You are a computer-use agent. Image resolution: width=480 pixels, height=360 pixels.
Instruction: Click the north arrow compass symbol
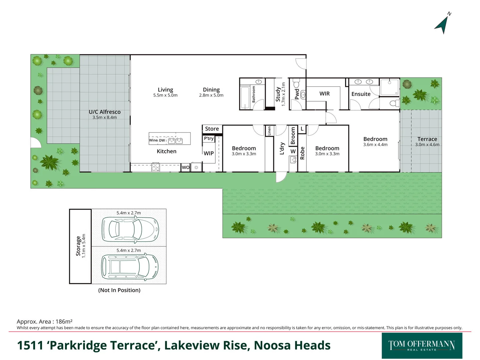coord(442,24)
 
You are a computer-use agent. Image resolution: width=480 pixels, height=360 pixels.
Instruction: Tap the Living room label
coord(165,90)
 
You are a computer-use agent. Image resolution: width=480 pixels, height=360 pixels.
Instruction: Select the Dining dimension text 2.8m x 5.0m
coord(211,95)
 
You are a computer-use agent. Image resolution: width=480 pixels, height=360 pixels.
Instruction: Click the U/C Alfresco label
coord(105,112)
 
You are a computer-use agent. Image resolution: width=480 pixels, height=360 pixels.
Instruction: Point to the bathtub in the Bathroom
coord(245,97)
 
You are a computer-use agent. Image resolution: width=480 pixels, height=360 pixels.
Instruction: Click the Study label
coord(278,94)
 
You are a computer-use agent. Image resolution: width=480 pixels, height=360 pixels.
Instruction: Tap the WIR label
coord(324,94)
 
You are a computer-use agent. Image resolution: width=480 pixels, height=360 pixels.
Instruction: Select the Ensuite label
coord(361,94)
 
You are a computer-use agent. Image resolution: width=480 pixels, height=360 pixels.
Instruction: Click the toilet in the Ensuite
coord(394,103)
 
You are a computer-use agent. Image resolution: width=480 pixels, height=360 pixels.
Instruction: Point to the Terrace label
coord(427,139)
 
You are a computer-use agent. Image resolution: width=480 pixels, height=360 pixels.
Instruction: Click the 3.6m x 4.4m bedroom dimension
coord(375,145)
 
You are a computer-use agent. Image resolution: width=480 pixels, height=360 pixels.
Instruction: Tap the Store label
coord(212,129)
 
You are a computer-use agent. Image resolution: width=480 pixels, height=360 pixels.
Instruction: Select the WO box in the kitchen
coord(186,167)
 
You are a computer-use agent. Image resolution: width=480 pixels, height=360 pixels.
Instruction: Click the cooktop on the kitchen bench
coord(156,167)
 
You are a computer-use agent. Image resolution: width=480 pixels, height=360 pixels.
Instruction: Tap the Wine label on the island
coord(153,140)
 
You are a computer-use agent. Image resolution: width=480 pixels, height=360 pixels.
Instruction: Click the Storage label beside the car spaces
coord(78,246)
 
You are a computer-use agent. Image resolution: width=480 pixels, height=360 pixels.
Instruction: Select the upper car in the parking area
coord(130,229)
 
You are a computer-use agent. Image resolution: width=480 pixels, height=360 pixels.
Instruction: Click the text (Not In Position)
coord(119,290)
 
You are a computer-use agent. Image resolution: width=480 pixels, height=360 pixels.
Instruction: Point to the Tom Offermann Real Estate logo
coord(422,345)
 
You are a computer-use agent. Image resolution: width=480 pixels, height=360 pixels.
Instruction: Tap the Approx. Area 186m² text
coord(45,322)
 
